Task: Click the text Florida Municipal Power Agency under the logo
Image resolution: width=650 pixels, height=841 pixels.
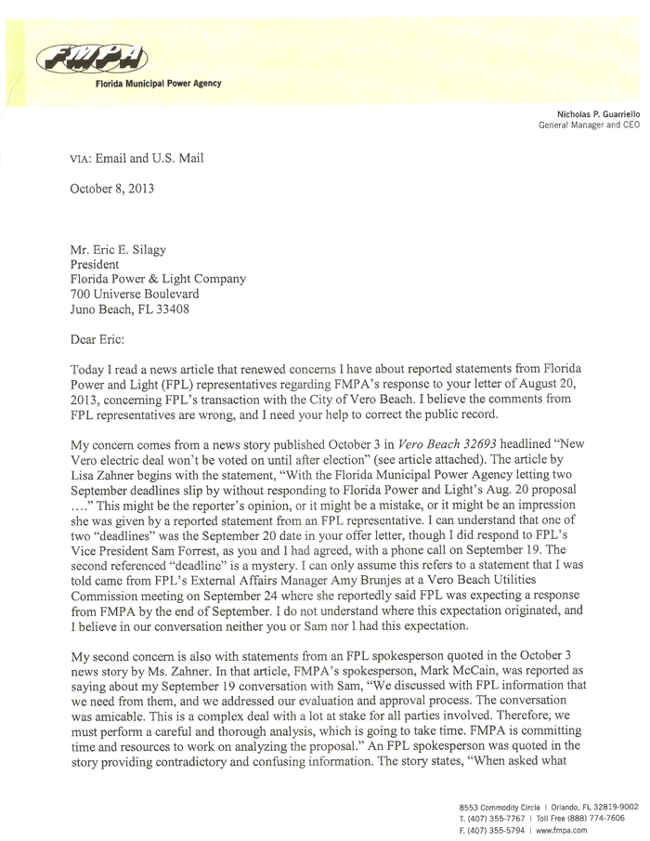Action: click(158, 84)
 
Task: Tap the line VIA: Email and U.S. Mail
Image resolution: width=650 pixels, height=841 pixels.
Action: click(136, 158)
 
